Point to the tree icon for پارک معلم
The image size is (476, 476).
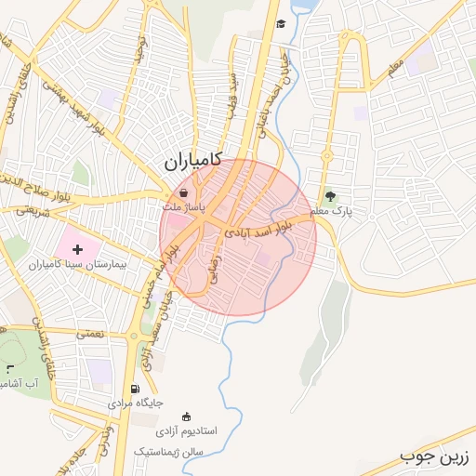[x=330, y=195]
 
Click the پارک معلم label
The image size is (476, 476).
[x=333, y=212]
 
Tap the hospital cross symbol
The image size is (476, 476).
[x=77, y=248]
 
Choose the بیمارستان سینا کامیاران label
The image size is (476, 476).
[x=83, y=265]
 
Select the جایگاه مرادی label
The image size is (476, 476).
[x=136, y=403]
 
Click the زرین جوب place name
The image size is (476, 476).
[x=436, y=456]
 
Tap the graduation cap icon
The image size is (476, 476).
[x=279, y=25]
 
